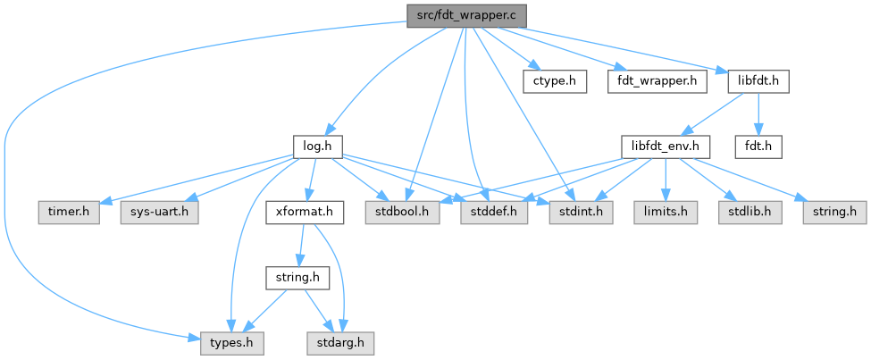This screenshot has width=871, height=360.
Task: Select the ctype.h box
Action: (x=555, y=80)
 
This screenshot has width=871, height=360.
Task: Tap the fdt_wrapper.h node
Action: (x=657, y=80)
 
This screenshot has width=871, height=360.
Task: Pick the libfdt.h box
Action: (x=758, y=80)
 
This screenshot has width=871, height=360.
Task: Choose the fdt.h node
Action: (x=758, y=145)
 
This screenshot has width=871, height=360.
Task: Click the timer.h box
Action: (x=68, y=213)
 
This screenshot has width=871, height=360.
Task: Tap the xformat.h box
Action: (x=305, y=213)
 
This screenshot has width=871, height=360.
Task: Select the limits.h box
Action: (x=665, y=213)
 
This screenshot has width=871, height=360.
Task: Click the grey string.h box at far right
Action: (x=833, y=213)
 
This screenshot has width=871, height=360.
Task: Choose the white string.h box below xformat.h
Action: (x=298, y=278)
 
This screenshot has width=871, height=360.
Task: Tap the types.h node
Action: (x=225, y=342)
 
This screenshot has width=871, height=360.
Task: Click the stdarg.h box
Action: (x=339, y=342)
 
